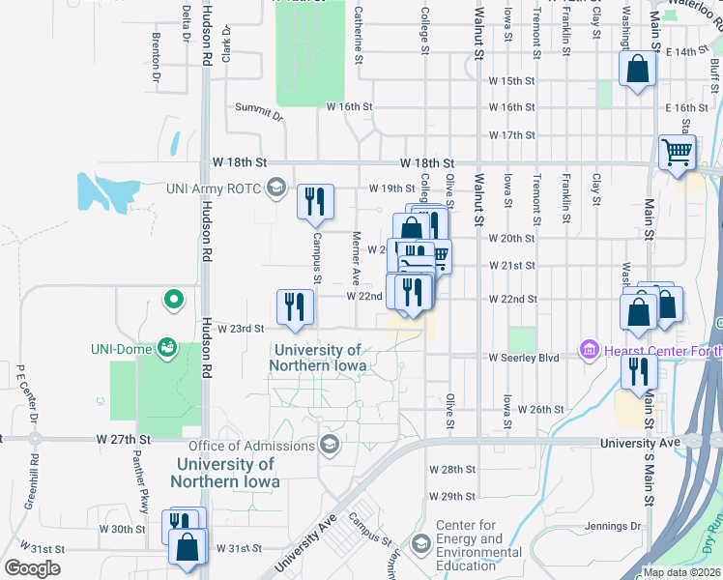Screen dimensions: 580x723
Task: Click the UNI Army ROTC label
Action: pos(214,188)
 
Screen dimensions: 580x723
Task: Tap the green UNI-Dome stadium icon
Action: pos(167,346)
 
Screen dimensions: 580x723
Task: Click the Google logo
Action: pos(32,567)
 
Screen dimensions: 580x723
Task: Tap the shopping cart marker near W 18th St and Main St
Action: pos(677,152)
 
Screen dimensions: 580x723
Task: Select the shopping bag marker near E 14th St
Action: pos(637,70)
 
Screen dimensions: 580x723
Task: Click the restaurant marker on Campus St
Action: pos(315,201)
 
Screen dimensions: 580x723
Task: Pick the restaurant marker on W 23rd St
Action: pos(295,306)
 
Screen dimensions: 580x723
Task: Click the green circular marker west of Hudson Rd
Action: pos(173,300)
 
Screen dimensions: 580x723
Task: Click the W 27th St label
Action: pos(125,439)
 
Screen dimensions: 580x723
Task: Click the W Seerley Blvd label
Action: pos(525,358)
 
